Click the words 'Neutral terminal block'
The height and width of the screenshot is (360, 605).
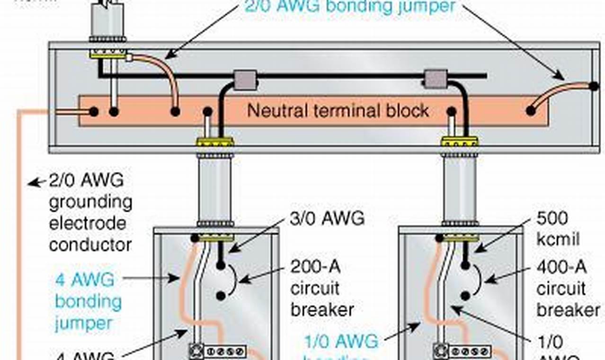tap(338, 111)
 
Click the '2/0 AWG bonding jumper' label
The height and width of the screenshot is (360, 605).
tap(350, 7)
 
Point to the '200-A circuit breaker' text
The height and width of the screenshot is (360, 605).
tap(322, 288)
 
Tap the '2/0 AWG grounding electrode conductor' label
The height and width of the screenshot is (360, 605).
tap(90, 213)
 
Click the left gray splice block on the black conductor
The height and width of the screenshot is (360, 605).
tap(246, 80)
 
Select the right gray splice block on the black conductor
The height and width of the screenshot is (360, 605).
tap(435, 79)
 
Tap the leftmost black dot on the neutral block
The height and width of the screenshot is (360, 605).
tap(94, 112)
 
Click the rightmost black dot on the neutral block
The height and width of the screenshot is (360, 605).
tap(531, 111)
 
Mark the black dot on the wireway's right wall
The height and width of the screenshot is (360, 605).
tap(593, 86)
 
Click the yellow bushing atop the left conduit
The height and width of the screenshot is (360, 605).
tap(215, 142)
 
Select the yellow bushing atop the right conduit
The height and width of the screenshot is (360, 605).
tap(459, 141)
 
